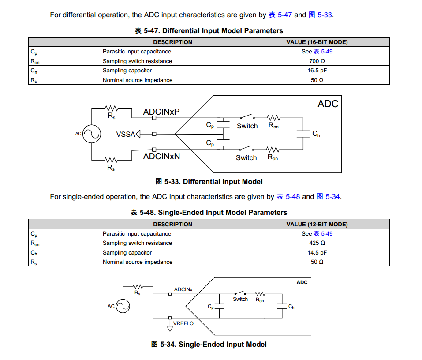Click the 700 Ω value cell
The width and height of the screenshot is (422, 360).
click(x=317, y=61)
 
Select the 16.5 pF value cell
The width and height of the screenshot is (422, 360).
click(x=317, y=71)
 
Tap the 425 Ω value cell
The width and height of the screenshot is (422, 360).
click(x=317, y=243)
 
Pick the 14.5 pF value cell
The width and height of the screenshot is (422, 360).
click(x=317, y=253)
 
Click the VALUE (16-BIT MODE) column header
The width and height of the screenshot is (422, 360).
click(x=317, y=42)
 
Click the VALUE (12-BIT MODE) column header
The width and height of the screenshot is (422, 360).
click(x=317, y=224)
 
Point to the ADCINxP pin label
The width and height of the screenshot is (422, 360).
click(x=161, y=112)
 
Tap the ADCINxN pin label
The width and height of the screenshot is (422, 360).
click(x=161, y=156)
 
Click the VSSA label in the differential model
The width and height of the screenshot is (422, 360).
click(x=125, y=134)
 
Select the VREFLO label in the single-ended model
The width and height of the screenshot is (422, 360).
click(x=183, y=323)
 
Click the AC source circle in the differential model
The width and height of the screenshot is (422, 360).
click(x=92, y=134)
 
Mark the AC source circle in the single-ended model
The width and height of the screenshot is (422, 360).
click(x=123, y=306)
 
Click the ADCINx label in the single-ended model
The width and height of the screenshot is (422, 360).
click(x=183, y=289)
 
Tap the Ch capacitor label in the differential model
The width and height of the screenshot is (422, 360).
click(x=316, y=134)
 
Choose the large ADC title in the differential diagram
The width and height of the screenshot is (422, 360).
click(x=328, y=104)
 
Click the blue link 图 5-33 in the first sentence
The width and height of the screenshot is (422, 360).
click(x=320, y=15)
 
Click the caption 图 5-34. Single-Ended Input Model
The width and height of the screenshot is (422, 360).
click(x=209, y=344)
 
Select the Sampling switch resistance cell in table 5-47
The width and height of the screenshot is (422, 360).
click(x=137, y=61)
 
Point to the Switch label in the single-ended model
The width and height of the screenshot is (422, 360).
click(x=240, y=299)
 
